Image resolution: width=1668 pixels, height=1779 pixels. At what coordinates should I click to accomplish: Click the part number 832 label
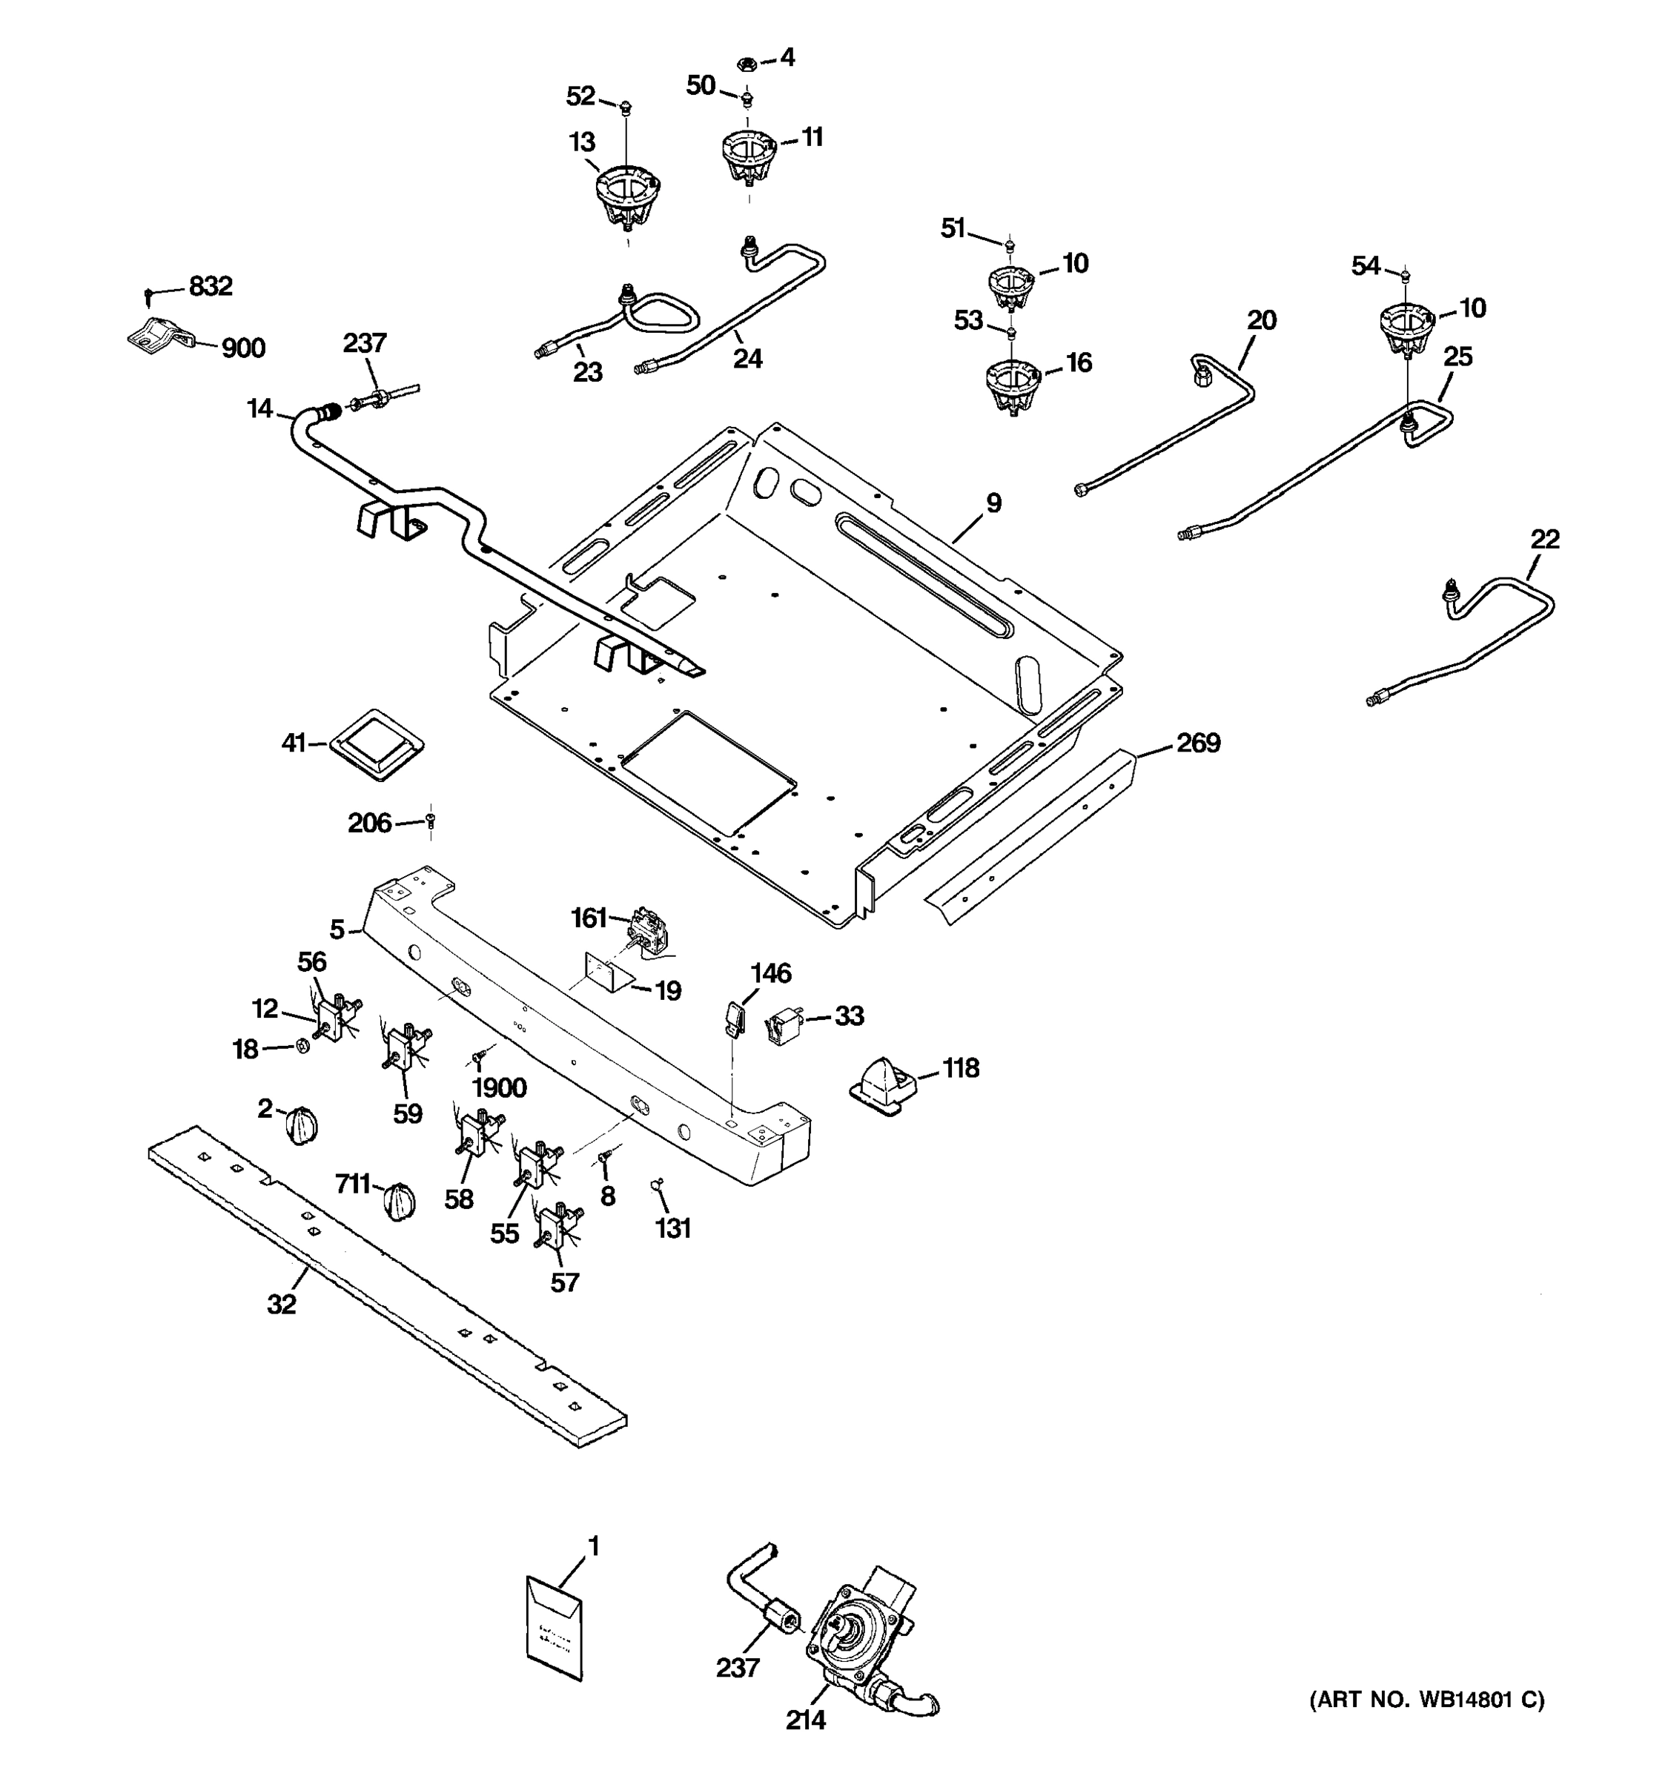211,286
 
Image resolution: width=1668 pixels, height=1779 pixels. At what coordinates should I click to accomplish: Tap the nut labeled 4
748,64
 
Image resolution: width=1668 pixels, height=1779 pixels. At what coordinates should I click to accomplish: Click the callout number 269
1197,743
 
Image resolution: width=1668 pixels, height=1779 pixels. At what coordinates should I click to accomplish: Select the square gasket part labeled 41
377,744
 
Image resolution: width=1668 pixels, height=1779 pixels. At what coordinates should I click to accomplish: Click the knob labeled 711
399,1199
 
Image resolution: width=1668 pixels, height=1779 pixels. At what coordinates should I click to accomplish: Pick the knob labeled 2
301,1124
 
